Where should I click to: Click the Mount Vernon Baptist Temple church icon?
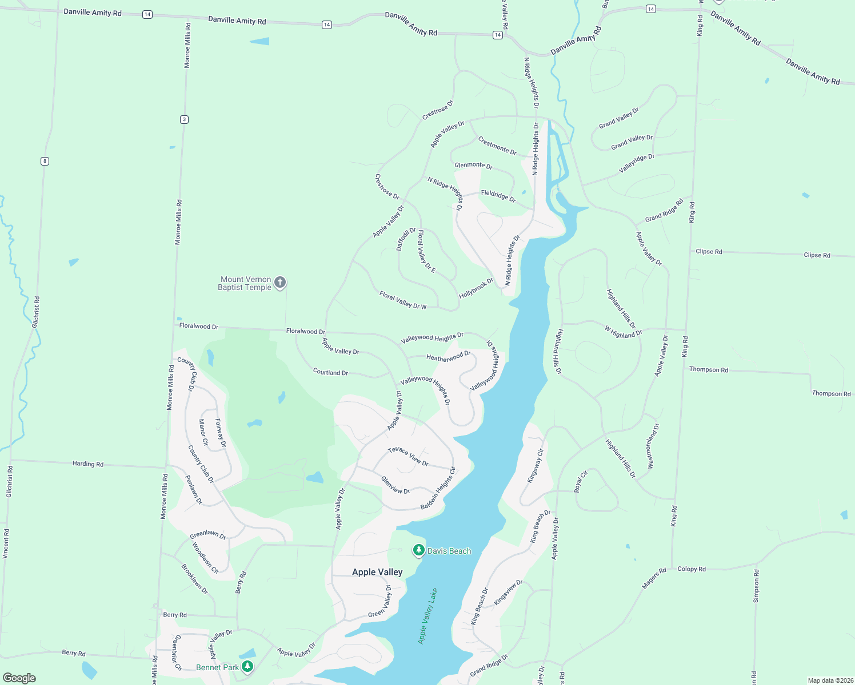pyautogui.click(x=280, y=283)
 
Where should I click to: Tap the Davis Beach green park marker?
pyautogui.click(x=419, y=550)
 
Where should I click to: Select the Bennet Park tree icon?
pyautogui.click(x=247, y=666)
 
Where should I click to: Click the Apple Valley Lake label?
pyautogui.click(x=427, y=616)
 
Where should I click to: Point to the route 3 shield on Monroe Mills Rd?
pyautogui.click(x=184, y=119)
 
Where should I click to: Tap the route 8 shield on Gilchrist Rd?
pyautogui.click(x=45, y=161)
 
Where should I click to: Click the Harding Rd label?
pyautogui.click(x=88, y=464)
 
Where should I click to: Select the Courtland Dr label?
pyautogui.click(x=330, y=372)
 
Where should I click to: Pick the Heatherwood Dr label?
pyautogui.click(x=448, y=357)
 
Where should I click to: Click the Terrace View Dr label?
pyautogui.click(x=408, y=457)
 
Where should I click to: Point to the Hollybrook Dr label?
pyautogui.click(x=476, y=288)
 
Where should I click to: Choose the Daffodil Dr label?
pyautogui.click(x=406, y=239)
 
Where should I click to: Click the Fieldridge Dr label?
pyautogui.click(x=498, y=196)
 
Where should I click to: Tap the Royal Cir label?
pyautogui.click(x=581, y=481)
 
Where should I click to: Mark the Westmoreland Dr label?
pyautogui.click(x=653, y=446)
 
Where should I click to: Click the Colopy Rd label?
pyautogui.click(x=692, y=569)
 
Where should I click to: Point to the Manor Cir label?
pyautogui.click(x=203, y=432)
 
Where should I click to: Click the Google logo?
pyautogui.click(x=19, y=678)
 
